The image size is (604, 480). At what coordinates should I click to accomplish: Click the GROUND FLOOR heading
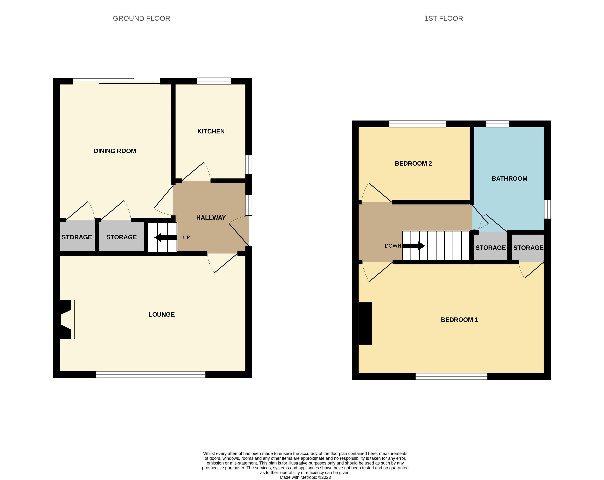pos(141,19)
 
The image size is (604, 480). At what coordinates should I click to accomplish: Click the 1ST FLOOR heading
pos(444,19)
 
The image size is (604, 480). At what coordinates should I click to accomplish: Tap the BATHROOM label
pos(509,179)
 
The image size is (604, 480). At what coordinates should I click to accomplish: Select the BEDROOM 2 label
pos(413,164)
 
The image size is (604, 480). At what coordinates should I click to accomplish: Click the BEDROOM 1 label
pos(459,320)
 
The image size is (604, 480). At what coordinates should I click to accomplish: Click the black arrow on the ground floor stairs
pos(165,237)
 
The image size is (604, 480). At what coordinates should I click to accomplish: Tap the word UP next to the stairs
pos(186,237)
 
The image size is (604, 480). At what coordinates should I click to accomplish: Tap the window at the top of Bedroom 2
pos(417,124)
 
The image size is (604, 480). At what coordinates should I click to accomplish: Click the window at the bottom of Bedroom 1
pos(451,376)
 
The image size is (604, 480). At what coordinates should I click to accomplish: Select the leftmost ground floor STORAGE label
pos(77,237)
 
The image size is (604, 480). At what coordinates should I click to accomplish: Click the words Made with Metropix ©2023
pos(305,477)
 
